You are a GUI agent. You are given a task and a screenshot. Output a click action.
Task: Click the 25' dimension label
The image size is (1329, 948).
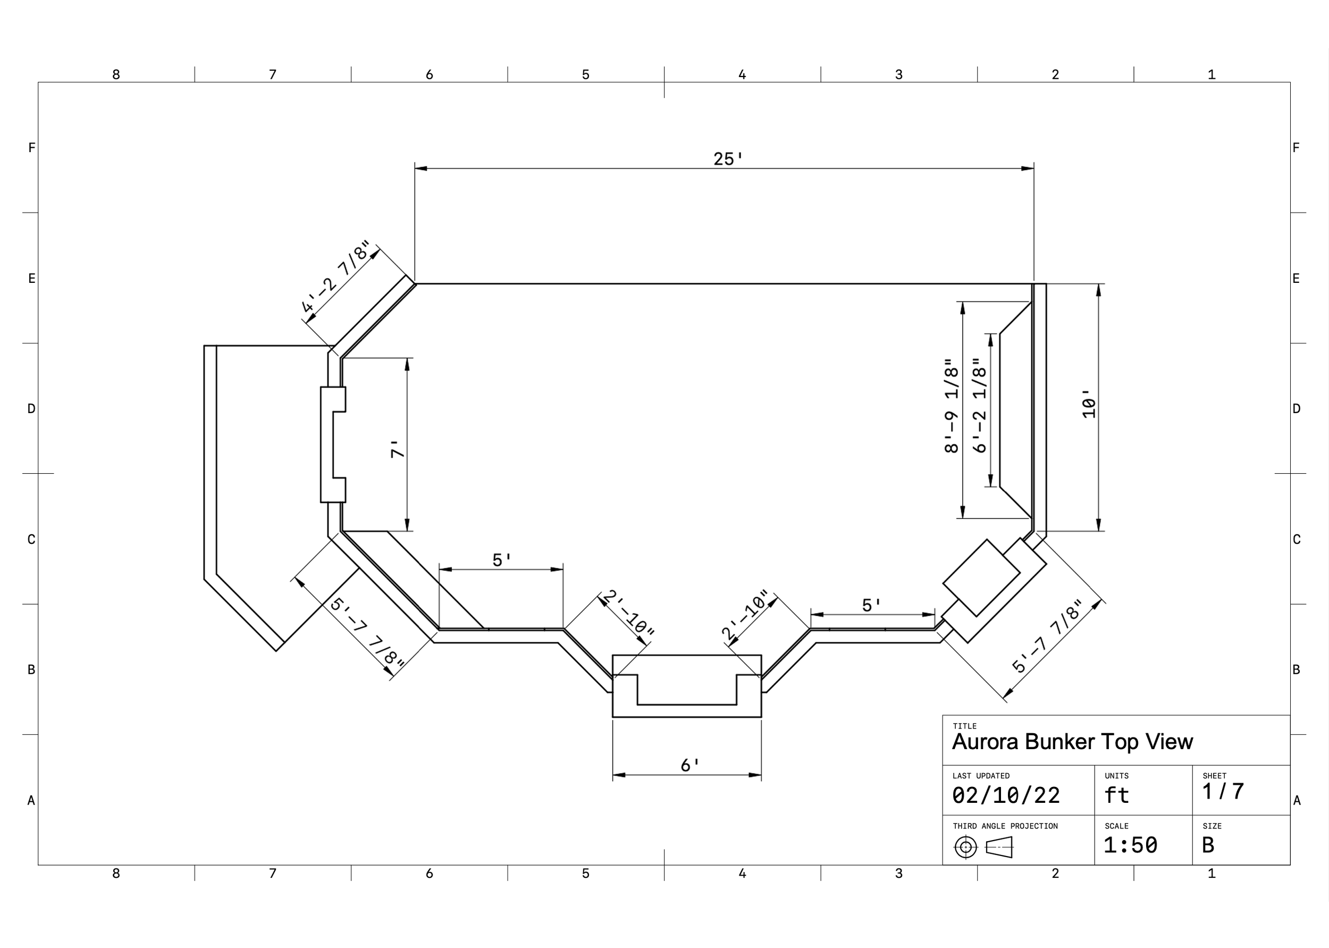click(x=728, y=159)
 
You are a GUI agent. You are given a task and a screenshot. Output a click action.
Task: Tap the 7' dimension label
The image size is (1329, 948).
click(x=398, y=449)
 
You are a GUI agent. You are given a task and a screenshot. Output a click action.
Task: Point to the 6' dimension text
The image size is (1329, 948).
click(x=690, y=765)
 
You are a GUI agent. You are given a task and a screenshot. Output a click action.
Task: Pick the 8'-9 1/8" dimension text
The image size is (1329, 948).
click(x=952, y=406)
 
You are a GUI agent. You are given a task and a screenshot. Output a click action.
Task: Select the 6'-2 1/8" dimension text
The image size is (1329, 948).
click(x=979, y=406)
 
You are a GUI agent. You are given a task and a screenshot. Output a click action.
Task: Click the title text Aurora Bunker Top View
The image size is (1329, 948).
click(x=1072, y=741)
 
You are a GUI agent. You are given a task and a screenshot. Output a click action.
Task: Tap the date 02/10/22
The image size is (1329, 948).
click(x=1006, y=795)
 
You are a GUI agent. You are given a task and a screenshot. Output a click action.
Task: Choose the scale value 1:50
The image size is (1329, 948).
click(x=1130, y=845)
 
